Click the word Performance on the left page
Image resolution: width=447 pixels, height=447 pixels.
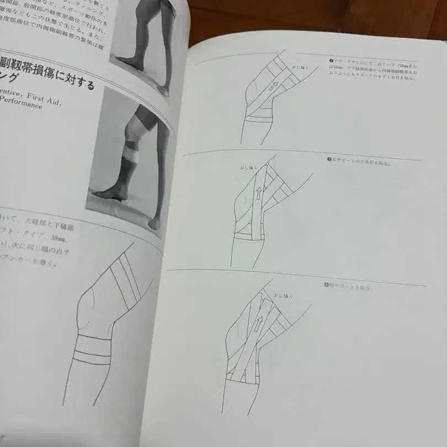pos(25,105)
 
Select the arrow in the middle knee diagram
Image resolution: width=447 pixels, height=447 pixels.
pos(259,191)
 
